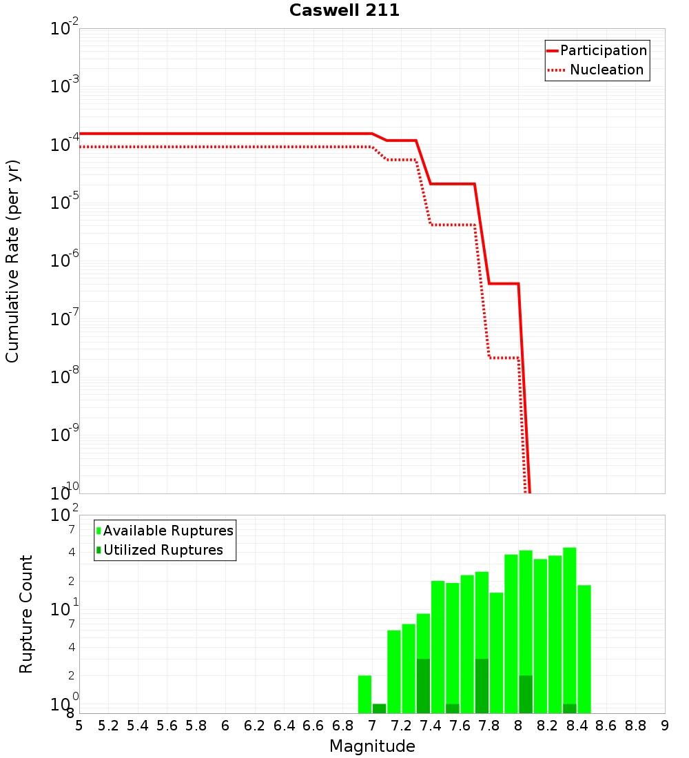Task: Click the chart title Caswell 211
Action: [x=344, y=10]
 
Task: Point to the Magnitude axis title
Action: [x=372, y=746]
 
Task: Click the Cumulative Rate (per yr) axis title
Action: [x=12, y=260]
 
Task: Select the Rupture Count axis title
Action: [x=26, y=613]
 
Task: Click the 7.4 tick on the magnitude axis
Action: [x=431, y=726]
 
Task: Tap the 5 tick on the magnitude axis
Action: [x=79, y=726]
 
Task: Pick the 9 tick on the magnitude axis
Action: [x=665, y=726]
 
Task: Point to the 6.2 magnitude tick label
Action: [x=255, y=726]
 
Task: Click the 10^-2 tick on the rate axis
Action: [x=65, y=29]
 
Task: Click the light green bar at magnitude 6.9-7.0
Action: [x=364, y=694]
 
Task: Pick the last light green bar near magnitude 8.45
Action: [x=584, y=648]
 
